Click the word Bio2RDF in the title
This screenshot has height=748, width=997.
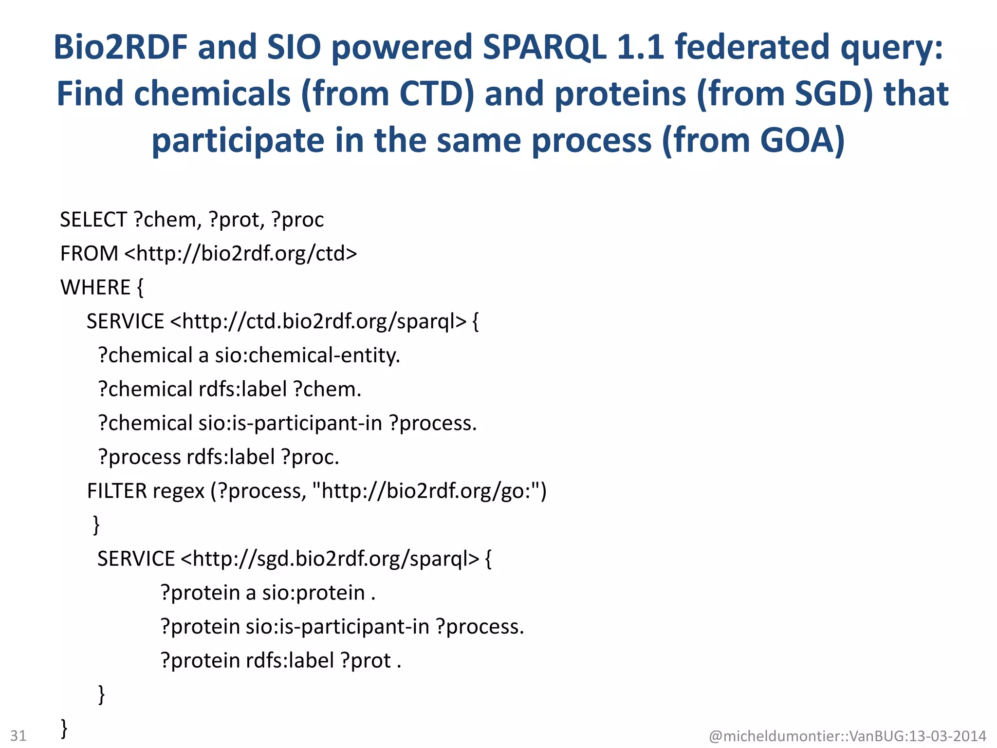click(x=120, y=47)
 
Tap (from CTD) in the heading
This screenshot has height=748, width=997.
click(x=387, y=93)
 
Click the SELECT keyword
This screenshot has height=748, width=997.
click(x=93, y=220)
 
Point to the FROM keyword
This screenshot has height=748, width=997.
click(x=89, y=254)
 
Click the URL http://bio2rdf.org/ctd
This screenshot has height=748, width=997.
click(x=240, y=254)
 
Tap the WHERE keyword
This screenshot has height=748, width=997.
click(x=95, y=287)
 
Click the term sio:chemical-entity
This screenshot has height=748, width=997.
click(x=307, y=355)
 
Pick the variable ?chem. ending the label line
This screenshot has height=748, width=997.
click(x=327, y=390)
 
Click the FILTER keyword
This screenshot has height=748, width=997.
click(x=117, y=491)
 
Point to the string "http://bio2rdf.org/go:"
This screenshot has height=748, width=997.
click(x=428, y=491)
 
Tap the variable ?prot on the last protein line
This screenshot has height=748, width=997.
click(x=366, y=661)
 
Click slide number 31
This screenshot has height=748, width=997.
click(x=18, y=735)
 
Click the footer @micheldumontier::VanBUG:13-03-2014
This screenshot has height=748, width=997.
click(x=847, y=735)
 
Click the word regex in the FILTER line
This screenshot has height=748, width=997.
click(x=178, y=491)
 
